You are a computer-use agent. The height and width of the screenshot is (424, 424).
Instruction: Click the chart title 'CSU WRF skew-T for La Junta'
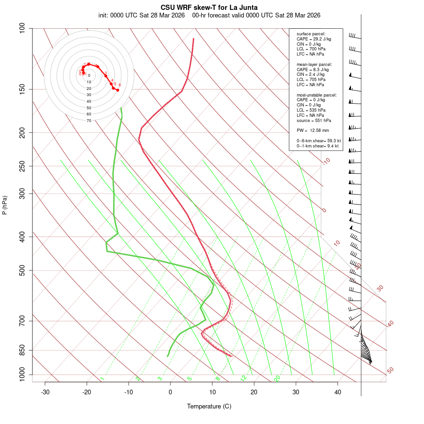tap(209, 8)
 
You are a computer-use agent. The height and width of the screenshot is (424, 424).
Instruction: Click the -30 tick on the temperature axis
tap(45, 392)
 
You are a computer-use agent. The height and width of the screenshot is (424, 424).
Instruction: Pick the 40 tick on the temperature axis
tap(338, 392)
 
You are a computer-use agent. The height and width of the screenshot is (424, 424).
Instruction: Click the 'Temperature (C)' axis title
tap(209, 406)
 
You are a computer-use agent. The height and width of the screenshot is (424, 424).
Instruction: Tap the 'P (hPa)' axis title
tap(5, 205)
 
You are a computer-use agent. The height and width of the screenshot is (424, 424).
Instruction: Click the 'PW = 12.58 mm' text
tap(313, 130)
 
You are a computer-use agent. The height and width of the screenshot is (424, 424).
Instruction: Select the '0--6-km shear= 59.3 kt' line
tap(318, 141)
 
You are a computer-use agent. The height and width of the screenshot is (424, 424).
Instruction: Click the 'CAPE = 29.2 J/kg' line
tap(314, 39)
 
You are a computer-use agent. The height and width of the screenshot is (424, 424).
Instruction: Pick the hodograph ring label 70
tap(89, 121)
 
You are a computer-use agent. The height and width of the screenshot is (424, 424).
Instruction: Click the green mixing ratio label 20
tap(277, 378)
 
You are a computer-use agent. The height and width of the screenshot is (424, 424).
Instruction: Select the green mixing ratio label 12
tap(244, 378)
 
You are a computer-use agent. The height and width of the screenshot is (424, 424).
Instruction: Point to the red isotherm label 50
tap(390, 371)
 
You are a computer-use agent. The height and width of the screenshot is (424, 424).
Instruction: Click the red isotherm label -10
tap(326, 162)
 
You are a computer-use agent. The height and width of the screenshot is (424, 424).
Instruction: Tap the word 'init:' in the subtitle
tap(104, 15)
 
